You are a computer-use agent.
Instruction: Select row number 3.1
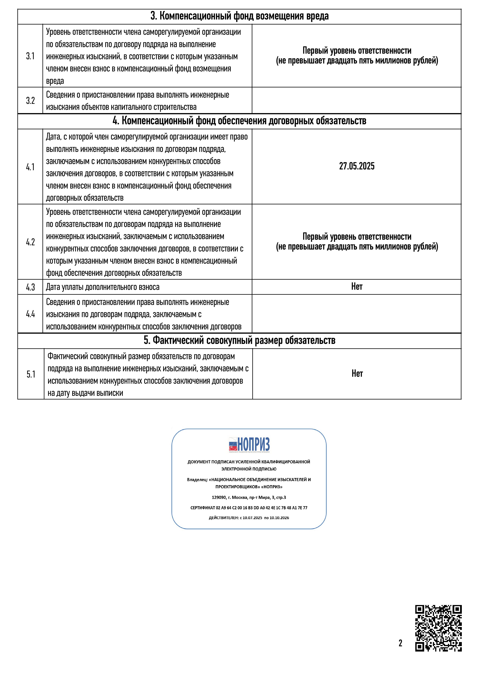pos(30,56)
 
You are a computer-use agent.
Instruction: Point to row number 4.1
pos(30,167)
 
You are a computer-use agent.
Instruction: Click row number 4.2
pos(30,242)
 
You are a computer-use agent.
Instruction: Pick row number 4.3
pos(30,287)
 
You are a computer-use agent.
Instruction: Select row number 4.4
pos(30,314)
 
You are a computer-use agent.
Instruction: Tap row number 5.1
pos(31,374)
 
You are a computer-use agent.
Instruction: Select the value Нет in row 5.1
pos(357,374)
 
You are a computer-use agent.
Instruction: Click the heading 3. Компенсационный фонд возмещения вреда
pos(239,16)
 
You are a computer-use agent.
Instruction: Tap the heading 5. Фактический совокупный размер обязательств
pos(239,341)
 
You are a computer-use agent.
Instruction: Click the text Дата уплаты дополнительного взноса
pos(103,287)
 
